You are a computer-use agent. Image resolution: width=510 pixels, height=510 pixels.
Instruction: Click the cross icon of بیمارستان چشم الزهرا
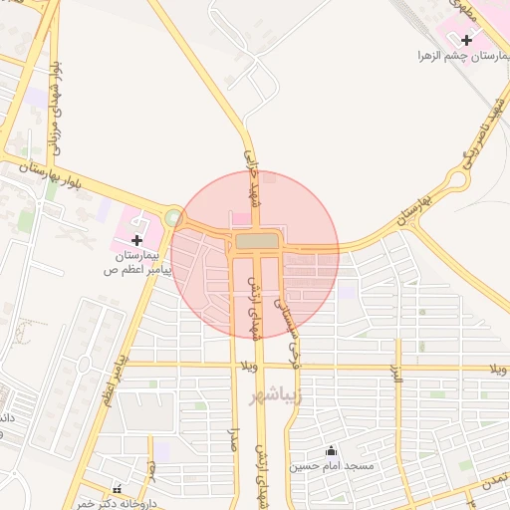coord(466,40)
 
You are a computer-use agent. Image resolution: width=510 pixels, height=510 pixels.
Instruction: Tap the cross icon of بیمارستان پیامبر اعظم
coord(136,240)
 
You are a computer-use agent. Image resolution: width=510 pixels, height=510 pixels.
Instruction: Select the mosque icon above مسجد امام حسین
coord(331,451)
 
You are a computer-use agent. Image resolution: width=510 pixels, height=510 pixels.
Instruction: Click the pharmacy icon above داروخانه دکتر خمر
coord(118,489)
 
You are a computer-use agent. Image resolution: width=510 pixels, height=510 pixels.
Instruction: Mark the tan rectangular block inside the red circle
coord(258,241)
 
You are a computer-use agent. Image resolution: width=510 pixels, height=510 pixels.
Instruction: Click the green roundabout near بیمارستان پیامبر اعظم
coord(174,216)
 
